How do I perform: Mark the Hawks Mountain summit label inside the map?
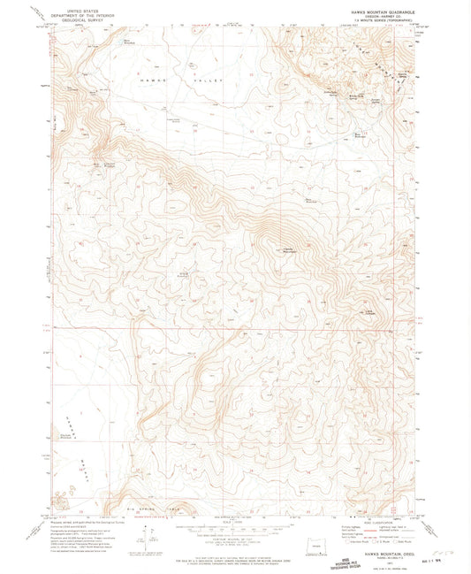[287, 250]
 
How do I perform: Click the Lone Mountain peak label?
[370, 311]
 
